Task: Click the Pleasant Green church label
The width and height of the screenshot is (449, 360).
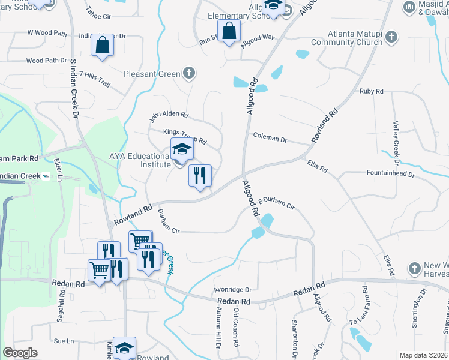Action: coord(152,74)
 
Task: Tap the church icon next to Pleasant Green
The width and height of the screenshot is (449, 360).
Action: coord(189,74)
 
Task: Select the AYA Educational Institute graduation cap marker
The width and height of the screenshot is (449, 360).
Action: coord(182,150)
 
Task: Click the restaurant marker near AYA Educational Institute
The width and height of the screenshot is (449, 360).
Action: coord(200,176)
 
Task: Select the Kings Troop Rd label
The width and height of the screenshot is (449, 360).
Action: coord(185,137)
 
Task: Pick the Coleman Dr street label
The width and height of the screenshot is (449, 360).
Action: coord(270,138)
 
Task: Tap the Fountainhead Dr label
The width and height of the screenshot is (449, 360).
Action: coord(391,173)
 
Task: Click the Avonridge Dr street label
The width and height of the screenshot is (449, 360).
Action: coord(232,289)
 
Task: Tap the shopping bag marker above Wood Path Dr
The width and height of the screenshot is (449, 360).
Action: coord(102,46)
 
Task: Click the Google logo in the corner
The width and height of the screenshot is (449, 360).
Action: coord(20,353)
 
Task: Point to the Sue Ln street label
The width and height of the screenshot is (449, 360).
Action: coord(63,341)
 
